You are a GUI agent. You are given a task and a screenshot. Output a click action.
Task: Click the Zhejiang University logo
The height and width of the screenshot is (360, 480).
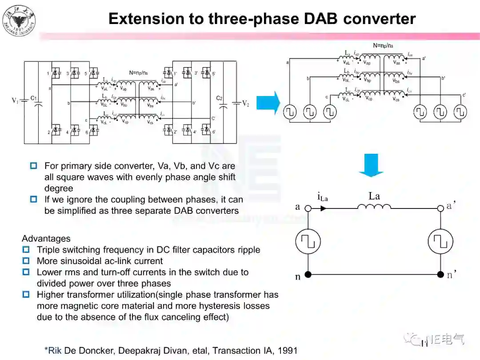tap(19, 20)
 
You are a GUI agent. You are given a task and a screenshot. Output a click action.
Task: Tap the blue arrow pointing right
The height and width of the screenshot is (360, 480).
tap(271, 103)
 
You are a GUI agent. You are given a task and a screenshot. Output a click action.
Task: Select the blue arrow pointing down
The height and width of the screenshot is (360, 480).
tap(371, 165)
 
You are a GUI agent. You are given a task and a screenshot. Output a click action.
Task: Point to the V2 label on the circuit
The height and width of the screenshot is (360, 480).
tap(246, 103)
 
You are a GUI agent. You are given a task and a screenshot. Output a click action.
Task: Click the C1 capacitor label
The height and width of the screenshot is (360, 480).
tap(34, 98)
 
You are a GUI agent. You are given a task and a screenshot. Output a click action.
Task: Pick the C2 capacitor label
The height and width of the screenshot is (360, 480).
tap(219, 98)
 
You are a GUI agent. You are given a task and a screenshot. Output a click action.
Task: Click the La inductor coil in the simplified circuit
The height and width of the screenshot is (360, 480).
tap(374, 207)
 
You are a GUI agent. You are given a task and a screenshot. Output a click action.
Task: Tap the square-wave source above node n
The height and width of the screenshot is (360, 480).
tap(308, 241)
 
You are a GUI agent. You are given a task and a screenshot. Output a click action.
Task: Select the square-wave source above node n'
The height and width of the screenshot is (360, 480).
tap(440, 241)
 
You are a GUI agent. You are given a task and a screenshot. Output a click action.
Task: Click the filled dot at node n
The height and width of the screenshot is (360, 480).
tap(308, 275)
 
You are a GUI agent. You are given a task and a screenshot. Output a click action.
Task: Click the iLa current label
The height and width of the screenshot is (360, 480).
tap(322, 196)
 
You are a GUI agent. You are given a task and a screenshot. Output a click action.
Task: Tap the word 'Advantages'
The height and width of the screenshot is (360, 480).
tap(46, 239)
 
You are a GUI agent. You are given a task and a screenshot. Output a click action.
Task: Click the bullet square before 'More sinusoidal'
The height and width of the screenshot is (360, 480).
tap(26, 261)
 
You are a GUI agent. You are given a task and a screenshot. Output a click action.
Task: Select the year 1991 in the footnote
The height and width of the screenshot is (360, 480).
tap(287, 350)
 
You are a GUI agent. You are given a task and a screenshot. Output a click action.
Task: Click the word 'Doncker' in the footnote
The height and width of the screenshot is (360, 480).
tap(95, 350)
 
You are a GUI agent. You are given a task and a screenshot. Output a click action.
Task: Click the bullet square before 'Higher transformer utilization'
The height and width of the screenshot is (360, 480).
tap(26, 294)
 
